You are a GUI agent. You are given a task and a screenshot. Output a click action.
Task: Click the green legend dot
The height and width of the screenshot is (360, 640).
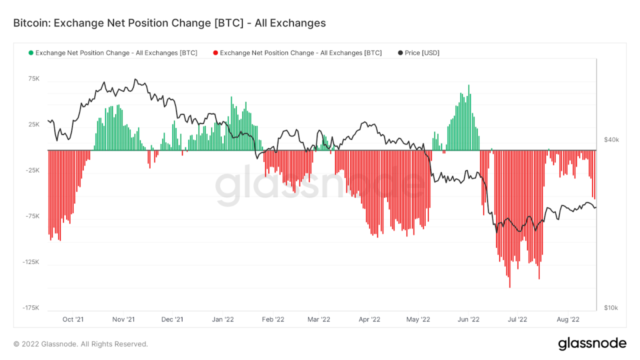(x=31, y=53)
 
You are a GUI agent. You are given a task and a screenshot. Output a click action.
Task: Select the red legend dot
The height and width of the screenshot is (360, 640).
(x=215, y=53)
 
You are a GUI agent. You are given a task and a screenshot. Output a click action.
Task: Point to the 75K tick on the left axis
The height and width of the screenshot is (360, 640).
(x=33, y=78)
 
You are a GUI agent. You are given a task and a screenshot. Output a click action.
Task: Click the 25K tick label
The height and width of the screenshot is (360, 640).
(x=33, y=124)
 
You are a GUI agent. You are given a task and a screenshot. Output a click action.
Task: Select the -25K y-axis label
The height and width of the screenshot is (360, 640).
(x=32, y=170)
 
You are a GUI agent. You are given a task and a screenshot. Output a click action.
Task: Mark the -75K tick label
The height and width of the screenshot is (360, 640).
(x=32, y=216)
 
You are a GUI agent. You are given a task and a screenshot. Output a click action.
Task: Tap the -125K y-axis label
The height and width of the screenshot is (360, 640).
(x=31, y=262)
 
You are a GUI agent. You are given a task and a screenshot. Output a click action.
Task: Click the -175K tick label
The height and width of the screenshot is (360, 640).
(x=31, y=308)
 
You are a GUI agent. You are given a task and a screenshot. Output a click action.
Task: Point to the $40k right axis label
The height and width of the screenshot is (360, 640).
(x=611, y=139)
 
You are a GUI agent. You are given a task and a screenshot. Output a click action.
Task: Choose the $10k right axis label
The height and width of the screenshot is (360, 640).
(x=611, y=308)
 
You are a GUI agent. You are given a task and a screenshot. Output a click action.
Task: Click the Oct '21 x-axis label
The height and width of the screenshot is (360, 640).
(x=73, y=319)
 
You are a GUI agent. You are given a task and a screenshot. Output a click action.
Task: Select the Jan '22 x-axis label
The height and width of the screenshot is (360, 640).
(x=222, y=319)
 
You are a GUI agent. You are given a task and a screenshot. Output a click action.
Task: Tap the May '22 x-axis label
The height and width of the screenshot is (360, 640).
(x=418, y=319)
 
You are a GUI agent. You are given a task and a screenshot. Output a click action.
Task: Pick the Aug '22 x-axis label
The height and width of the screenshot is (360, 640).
(x=568, y=319)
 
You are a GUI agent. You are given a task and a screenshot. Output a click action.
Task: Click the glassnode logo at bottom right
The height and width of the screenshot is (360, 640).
(x=591, y=343)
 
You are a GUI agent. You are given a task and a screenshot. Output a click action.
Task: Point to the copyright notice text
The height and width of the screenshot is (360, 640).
(x=80, y=344)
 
